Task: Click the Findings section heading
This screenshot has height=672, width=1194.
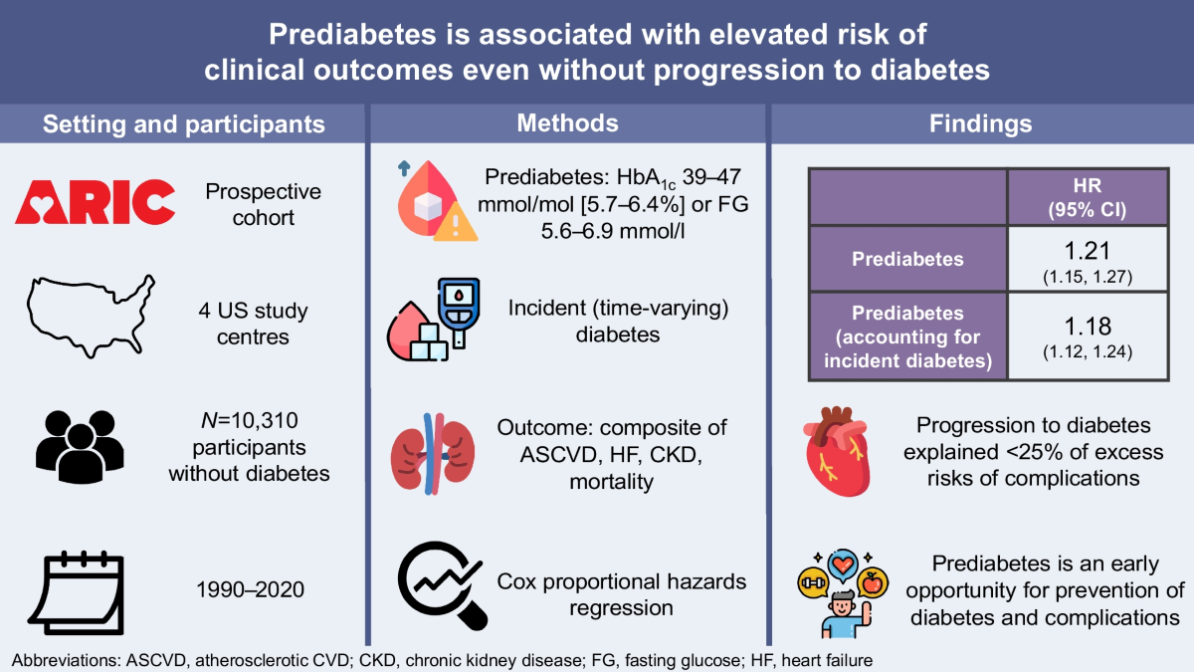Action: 980,124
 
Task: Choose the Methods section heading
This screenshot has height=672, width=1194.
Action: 567,123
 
